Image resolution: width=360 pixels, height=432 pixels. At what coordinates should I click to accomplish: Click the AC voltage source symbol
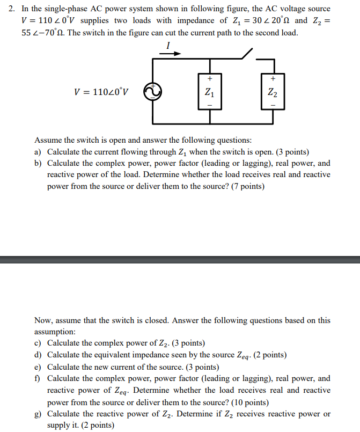152,92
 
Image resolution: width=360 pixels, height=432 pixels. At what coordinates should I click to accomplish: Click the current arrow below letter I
171,54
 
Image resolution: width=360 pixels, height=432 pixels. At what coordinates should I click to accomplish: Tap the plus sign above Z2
273,78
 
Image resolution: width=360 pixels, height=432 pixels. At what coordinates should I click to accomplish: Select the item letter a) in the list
38,152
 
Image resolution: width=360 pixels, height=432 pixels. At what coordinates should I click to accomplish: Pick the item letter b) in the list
38,163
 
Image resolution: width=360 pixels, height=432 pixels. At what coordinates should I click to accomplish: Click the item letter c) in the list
38,343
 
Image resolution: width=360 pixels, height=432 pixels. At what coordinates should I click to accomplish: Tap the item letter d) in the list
38,355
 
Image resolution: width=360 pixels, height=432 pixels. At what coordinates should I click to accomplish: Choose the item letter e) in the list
38,367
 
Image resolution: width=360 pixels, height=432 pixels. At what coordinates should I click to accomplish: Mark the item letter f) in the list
38,378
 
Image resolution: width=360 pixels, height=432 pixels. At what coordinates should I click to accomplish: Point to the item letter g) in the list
38,414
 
